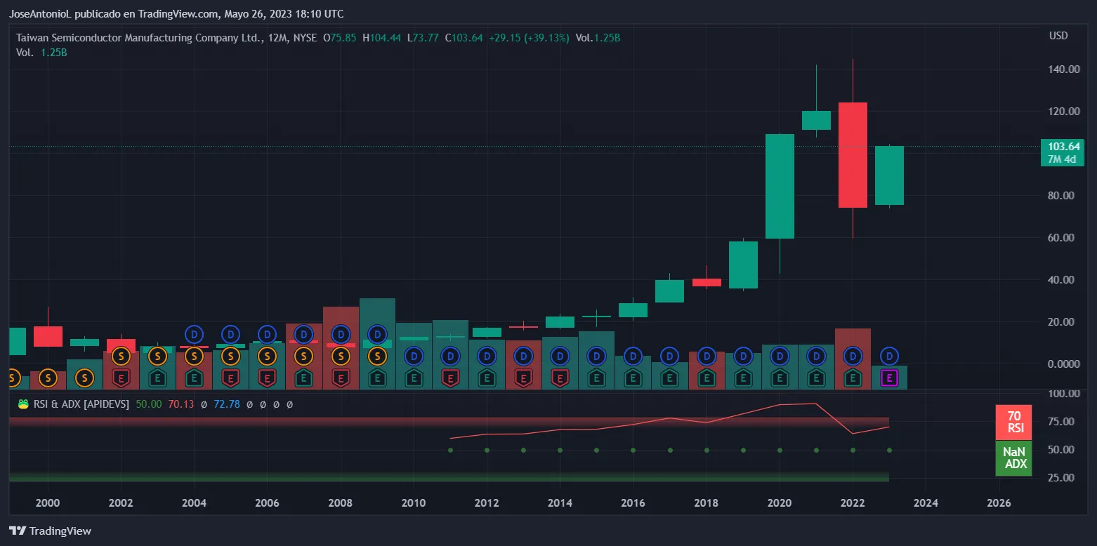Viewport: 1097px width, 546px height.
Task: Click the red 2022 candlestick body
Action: (853, 154)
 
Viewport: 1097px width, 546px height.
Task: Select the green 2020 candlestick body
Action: (780, 186)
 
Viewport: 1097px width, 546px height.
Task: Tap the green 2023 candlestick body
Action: (889, 175)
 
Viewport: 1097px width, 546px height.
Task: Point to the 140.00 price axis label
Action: (1063, 69)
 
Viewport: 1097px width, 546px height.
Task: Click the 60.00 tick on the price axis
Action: (1063, 238)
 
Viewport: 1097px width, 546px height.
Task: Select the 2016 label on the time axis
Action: (633, 503)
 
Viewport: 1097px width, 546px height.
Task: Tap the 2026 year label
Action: (999, 503)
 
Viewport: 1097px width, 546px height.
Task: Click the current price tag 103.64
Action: (1063, 147)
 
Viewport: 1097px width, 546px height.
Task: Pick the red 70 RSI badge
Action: (1013, 422)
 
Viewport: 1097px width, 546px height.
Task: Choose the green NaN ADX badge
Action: (1013, 458)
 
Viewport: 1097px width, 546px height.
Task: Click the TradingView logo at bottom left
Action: (50, 531)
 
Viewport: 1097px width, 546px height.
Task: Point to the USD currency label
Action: (1058, 36)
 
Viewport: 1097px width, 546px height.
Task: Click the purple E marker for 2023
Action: (889, 379)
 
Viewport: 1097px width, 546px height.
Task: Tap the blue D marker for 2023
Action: (889, 356)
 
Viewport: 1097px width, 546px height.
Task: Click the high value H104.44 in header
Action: (381, 38)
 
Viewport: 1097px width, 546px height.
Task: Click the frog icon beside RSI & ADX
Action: (23, 404)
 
